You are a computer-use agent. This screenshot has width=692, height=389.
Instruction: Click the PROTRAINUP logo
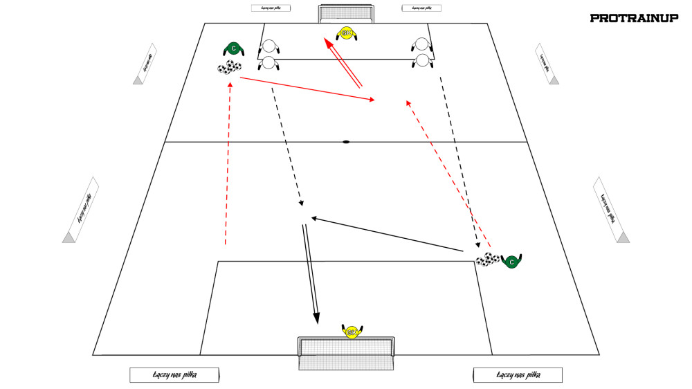[x=634, y=19]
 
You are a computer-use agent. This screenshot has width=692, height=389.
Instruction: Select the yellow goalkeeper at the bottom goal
[x=351, y=332]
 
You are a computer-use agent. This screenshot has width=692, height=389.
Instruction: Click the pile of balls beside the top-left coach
[x=229, y=67]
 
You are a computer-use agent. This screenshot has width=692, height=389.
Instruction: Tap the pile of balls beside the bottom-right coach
[x=487, y=260]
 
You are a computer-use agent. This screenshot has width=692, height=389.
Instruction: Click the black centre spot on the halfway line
[x=346, y=143]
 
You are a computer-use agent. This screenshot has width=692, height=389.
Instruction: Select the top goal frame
[x=346, y=14]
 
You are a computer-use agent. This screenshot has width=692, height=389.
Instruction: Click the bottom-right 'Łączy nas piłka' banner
[x=518, y=374]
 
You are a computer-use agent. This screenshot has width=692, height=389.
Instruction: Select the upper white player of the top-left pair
[x=268, y=46]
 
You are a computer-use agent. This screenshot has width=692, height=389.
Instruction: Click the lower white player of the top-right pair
[x=422, y=61]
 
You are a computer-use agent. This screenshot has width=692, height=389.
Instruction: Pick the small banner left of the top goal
[x=271, y=9]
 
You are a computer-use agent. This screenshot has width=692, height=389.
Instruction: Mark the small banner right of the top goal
[x=421, y=9]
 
